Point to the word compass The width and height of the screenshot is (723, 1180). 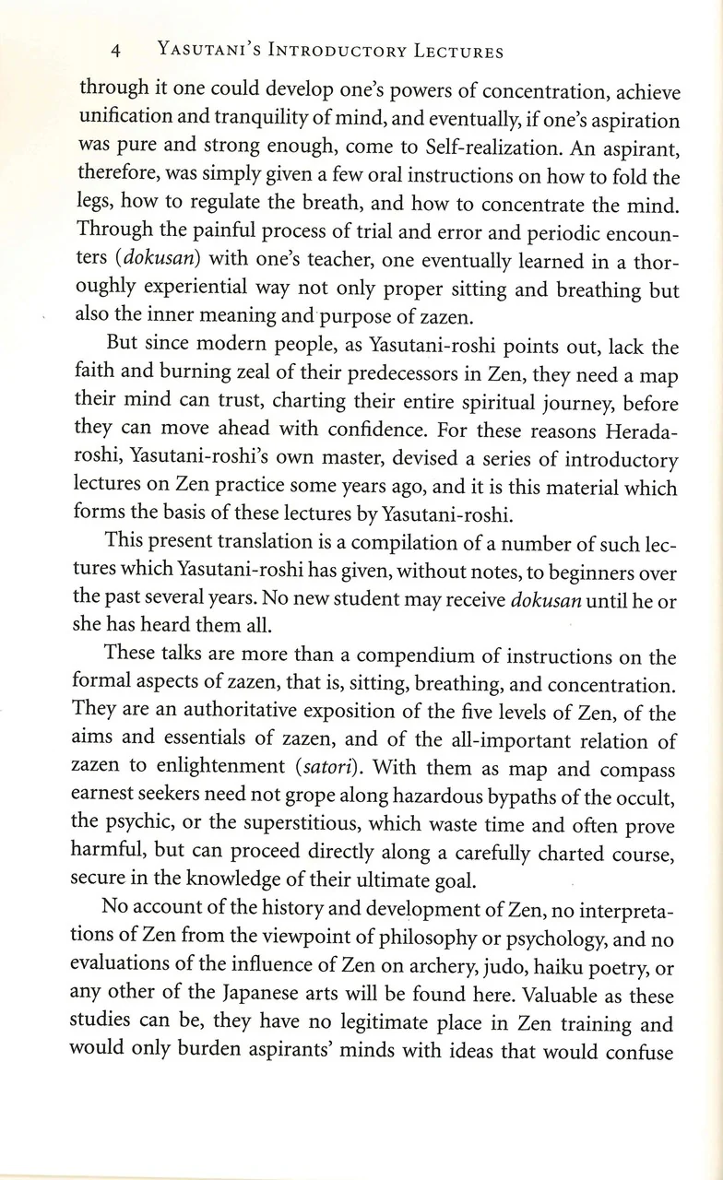(x=638, y=768)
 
